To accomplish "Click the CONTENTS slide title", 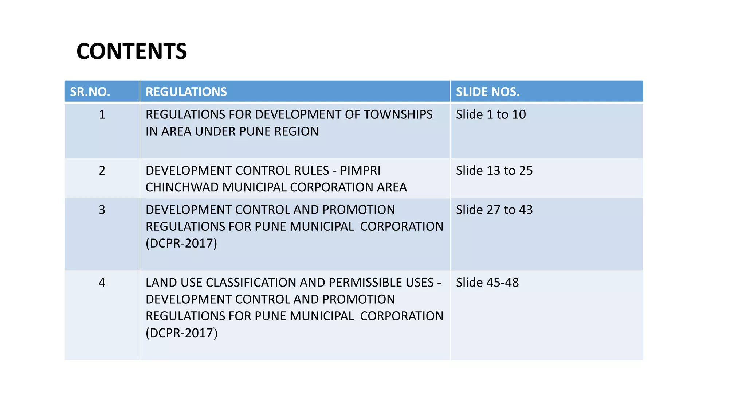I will (131, 51).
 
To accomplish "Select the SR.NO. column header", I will (90, 92).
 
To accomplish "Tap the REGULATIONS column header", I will (186, 92).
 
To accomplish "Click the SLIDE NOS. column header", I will (488, 92).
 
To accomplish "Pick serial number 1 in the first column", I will (102, 114).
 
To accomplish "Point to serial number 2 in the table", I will (102, 170).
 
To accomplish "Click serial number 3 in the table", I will (102, 210).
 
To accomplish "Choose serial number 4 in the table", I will (102, 283).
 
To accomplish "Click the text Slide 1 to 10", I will (491, 114).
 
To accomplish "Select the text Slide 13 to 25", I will (494, 170).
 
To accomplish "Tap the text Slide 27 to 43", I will (494, 210).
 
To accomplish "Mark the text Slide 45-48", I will (487, 283).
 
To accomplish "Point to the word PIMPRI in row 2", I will (360, 170).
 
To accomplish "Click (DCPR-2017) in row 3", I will (181, 243).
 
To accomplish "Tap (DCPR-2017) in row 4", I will (181, 333).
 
